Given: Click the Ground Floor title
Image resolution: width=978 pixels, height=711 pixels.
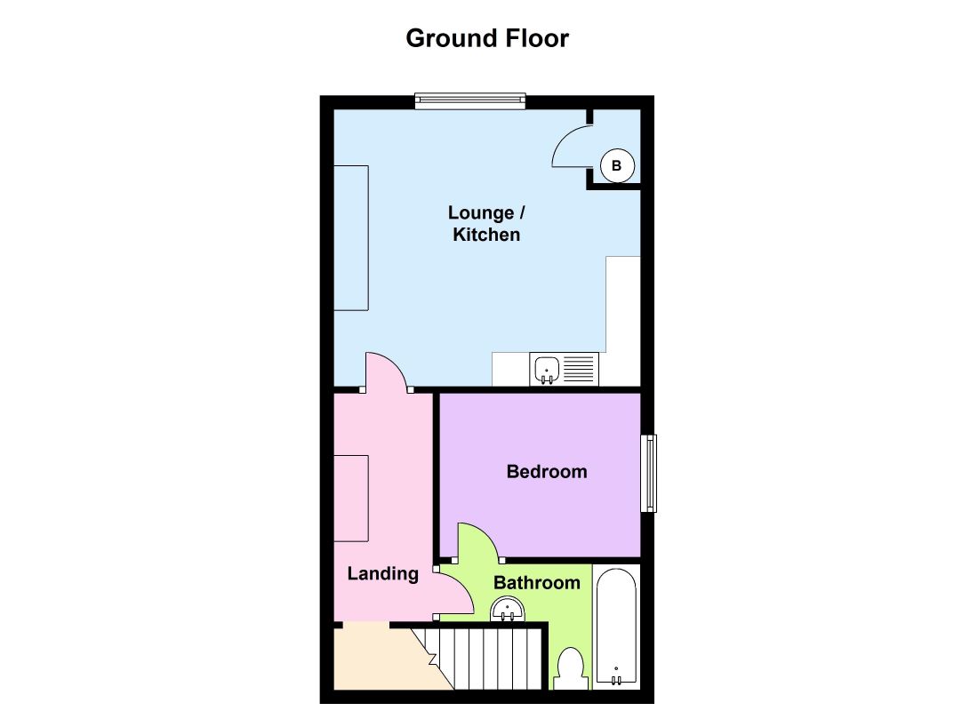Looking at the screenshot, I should tap(487, 39).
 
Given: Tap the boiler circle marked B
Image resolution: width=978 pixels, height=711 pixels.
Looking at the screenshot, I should tap(618, 165).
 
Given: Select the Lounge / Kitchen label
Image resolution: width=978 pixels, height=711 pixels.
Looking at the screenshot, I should tap(486, 224).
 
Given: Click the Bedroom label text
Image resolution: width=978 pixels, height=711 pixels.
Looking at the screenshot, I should tap(547, 472).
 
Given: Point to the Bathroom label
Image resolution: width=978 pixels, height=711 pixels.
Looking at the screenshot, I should tap(537, 583).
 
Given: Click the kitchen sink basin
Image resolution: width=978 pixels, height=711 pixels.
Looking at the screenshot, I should tap(546, 368).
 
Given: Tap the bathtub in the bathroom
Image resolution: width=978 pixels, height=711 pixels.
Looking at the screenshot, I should tap(615, 627).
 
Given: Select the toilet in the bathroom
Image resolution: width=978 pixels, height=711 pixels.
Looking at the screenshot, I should tap(570, 668).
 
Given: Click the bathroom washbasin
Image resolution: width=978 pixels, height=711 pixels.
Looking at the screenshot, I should tap(509, 610).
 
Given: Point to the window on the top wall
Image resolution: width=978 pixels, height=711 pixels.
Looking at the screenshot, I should tap(470, 102).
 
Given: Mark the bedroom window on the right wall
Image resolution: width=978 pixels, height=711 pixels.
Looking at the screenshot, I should tap(650, 473).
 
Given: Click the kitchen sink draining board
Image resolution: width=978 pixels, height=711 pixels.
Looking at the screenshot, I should tap(579, 368).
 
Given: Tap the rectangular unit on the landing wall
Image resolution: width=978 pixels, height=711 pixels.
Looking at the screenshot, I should tap(351, 498).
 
